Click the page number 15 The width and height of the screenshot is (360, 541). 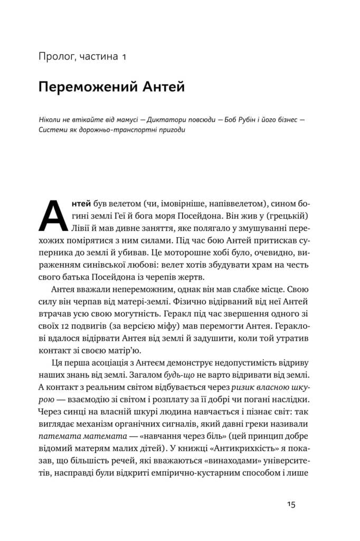(x=291, y=505)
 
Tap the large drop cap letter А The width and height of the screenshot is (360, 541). (x=54, y=216)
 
